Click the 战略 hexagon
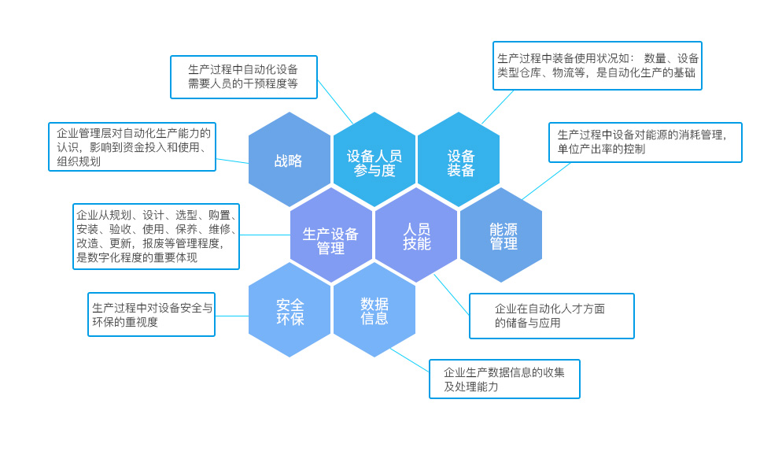pos(289,160)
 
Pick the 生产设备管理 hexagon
pos(331,235)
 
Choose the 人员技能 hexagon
pos(416,235)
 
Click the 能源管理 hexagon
pos(502,235)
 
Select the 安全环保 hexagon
pos(289,310)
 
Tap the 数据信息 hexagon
pos(374,310)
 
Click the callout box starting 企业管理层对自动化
pos(132,147)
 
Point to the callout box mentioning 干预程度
pos(244,77)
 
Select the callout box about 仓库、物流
pos(597,66)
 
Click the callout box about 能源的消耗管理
pos(645,142)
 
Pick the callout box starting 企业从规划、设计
pos(156,236)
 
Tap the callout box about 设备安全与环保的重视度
pos(151,315)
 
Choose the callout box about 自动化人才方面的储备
pos(552,316)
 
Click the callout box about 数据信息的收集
pos(504,379)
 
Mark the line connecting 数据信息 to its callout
pos(410,360)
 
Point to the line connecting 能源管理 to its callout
pos(547,181)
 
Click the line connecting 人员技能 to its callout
pos(452,295)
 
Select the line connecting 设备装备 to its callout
pos(498,107)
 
